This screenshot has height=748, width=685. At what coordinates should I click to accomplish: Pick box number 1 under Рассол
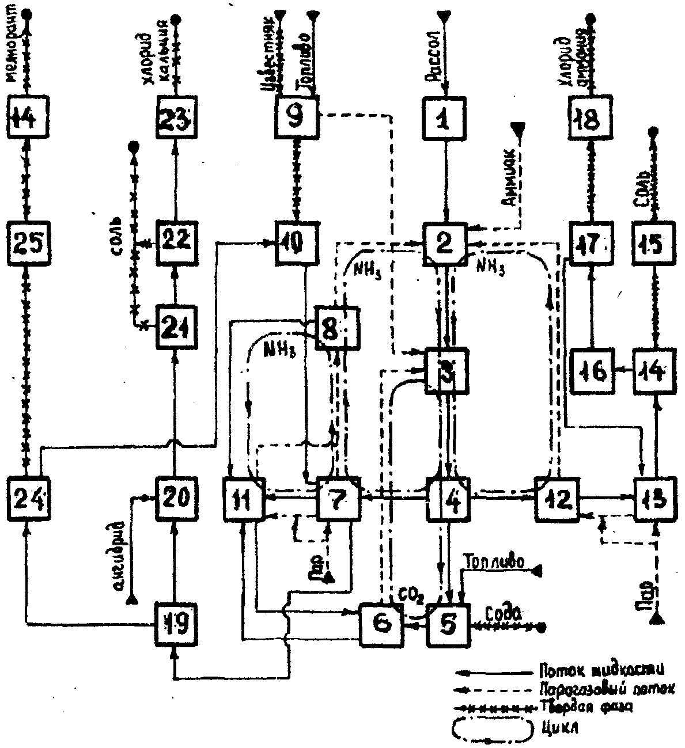[444, 120]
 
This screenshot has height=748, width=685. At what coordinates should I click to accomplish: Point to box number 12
[557, 498]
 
